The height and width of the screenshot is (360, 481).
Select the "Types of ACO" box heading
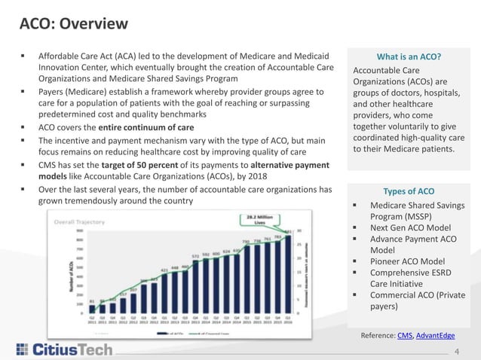pyautogui.click(x=408, y=191)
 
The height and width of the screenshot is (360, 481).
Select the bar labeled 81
pyautogui.click(x=92, y=307)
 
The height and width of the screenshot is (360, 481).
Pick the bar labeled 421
pyautogui.click(x=164, y=292)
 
